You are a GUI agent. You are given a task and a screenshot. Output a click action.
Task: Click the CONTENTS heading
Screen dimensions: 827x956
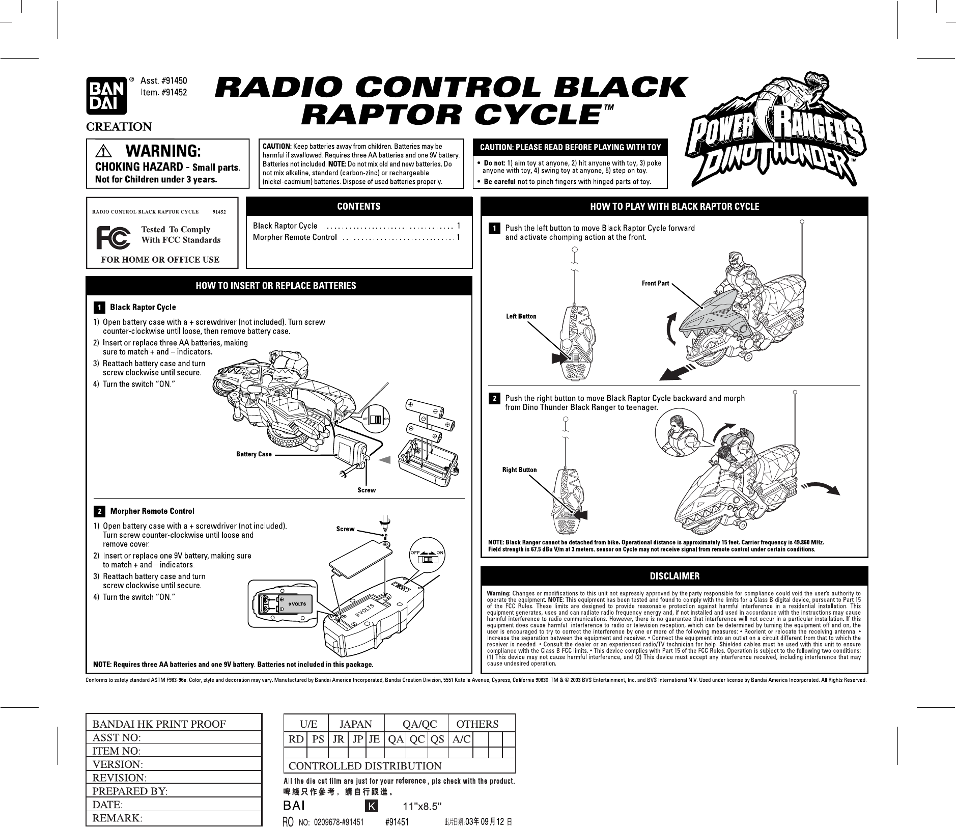(359, 206)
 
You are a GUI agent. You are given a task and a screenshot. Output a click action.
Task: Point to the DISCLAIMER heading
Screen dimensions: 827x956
(674, 576)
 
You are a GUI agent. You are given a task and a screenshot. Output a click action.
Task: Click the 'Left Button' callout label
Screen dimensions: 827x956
(521, 316)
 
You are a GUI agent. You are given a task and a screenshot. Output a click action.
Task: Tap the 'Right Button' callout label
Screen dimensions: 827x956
(519, 470)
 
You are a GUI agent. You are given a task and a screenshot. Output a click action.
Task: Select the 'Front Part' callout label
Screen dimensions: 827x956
(655, 283)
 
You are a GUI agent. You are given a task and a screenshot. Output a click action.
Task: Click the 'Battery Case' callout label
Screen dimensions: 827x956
(254, 454)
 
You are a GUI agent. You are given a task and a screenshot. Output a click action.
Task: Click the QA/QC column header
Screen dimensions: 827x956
(419, 724)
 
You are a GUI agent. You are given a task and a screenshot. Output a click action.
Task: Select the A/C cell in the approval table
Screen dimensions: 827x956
(461, 739)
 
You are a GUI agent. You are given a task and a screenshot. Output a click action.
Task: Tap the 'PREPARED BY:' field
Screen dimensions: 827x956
(130, 791)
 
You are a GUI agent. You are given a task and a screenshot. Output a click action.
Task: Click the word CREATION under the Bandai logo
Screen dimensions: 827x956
(119, 126)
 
